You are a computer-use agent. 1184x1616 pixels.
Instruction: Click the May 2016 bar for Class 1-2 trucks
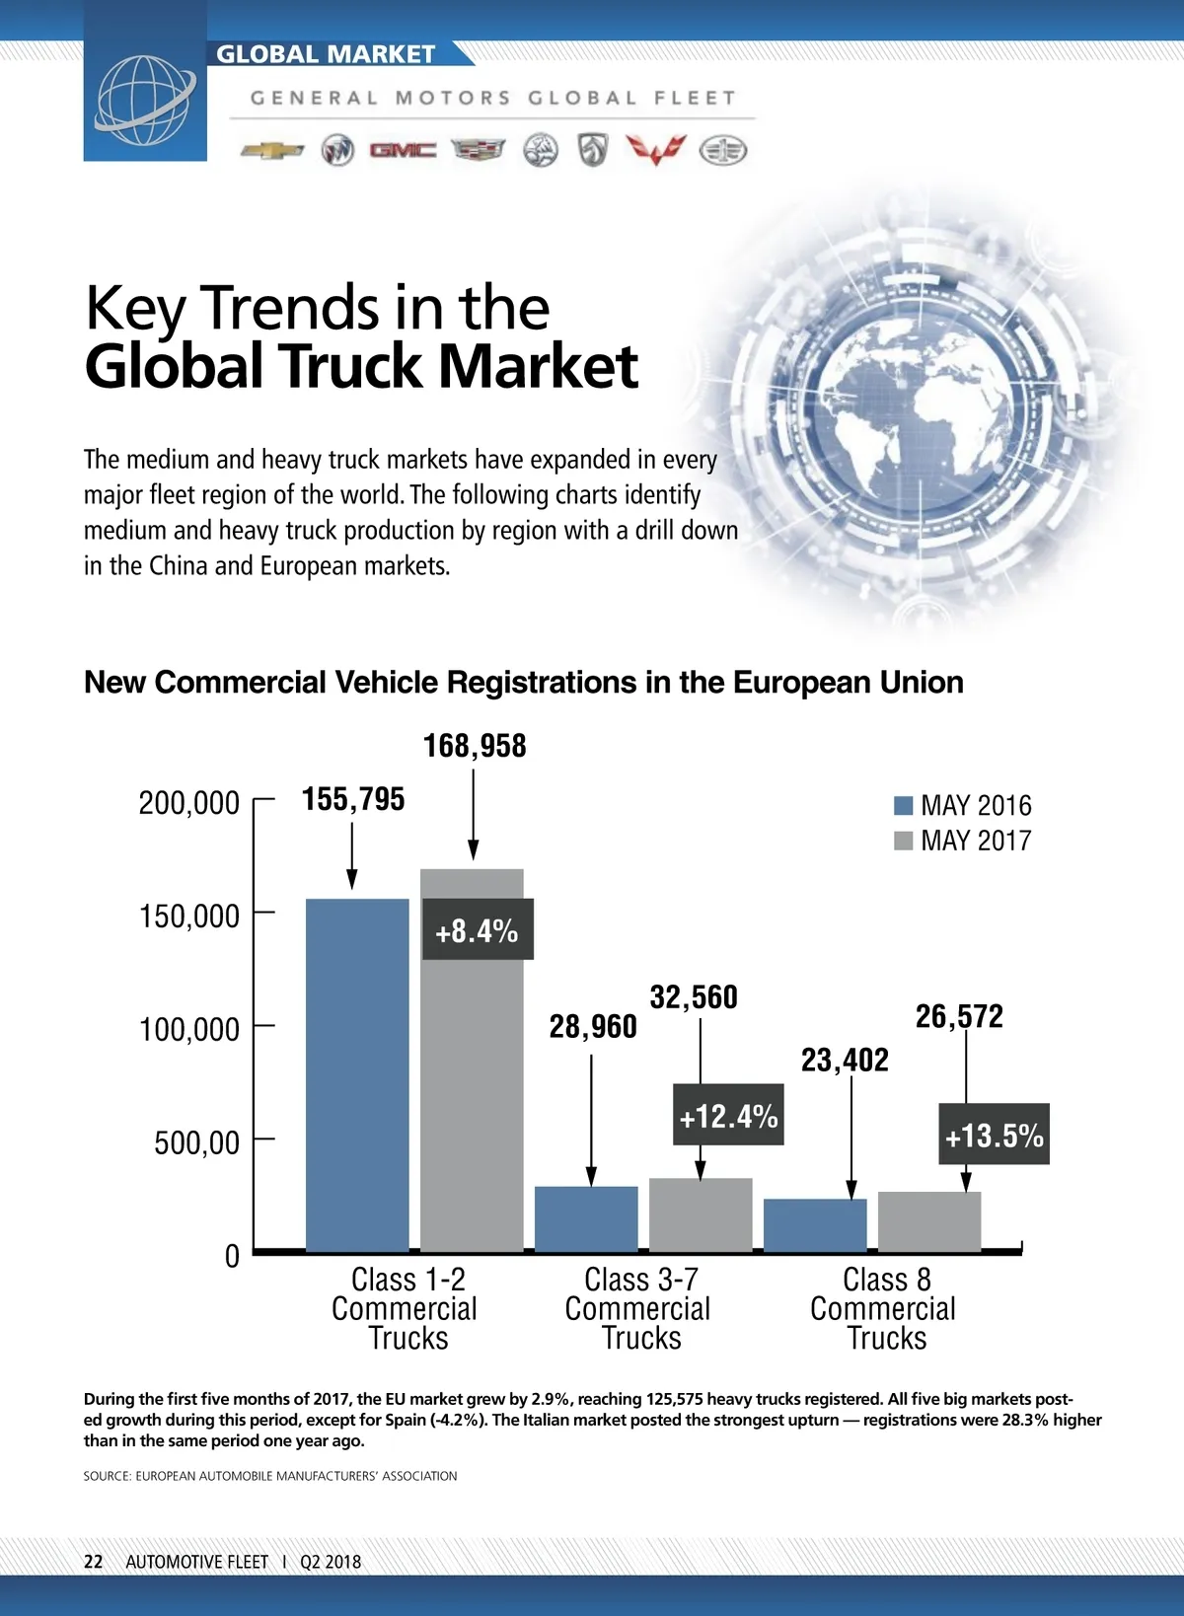357,1075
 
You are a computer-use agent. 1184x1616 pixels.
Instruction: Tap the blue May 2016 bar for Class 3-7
586,1219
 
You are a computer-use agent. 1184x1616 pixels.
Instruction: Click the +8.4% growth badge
478,929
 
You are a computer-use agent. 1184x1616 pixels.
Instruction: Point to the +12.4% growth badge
728,1115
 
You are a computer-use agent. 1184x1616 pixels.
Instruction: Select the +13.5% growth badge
994,1135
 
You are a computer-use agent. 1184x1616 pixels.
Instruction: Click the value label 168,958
475,746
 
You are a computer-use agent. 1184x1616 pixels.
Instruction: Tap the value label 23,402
845,1060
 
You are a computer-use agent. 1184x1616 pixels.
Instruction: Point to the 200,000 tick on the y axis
189,803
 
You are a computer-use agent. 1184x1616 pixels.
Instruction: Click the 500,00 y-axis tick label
197,1142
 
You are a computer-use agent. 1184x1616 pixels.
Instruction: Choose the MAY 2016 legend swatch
903,805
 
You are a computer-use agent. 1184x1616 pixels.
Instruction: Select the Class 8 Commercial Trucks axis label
884,1308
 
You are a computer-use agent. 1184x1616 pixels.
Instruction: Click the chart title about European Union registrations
524,682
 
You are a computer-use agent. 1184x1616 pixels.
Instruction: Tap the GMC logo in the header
403,150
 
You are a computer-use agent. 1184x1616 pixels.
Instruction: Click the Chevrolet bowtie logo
272,151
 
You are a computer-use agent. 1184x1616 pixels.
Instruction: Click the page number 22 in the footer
93,1561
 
